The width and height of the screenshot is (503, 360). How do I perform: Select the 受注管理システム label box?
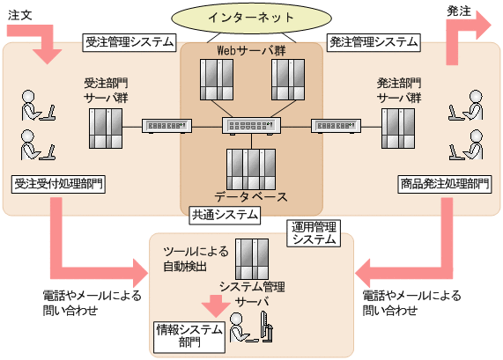[129, 42]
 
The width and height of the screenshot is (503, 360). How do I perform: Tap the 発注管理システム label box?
[373, 42]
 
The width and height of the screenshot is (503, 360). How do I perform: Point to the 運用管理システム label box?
[314, 232]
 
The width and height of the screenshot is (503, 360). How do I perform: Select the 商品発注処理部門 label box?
[444, 184]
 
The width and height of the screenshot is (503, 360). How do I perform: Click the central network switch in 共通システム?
[251, 127]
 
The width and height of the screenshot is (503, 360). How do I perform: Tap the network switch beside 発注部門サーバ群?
[335, 127]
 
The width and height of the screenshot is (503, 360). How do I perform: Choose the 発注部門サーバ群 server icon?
[399, 129]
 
